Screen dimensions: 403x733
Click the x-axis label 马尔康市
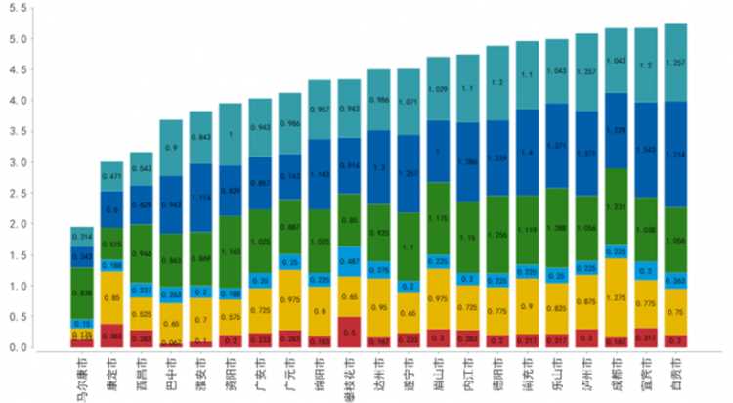[x=82, y=378]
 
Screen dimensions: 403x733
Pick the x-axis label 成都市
[x=616, y=374]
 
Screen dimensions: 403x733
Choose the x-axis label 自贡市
[x=675, y=374]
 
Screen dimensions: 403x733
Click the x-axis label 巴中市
[x=171, y=374]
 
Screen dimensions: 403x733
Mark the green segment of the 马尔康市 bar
[x=82, y=291]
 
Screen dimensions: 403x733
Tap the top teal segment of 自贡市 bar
[x=675, y=63]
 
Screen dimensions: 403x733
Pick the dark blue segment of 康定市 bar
[x=112, y=208]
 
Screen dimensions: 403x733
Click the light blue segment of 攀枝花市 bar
[x=349, y=259]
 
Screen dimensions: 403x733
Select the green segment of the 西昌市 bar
[x=142, y=252]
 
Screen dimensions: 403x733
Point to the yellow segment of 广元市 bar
[x=289, y=301]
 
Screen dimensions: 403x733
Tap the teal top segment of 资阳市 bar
[x=231, y=134]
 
